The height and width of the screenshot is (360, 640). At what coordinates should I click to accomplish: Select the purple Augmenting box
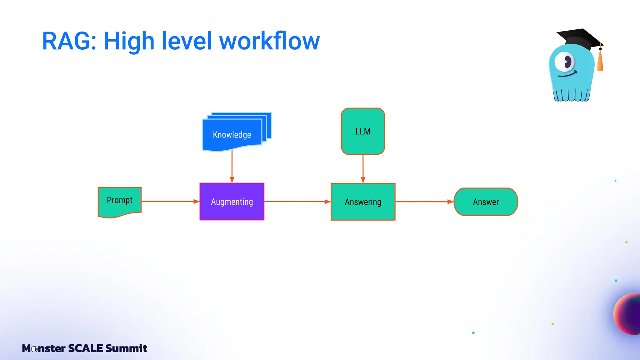coord(232,202)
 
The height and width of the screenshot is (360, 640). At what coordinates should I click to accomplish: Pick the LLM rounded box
coord(363,131)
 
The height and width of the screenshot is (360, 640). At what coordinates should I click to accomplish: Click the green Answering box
coord(363,202)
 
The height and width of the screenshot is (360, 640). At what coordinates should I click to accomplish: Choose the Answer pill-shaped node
coord(486,202)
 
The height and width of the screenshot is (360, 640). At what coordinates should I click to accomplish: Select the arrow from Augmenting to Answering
coord(297,202)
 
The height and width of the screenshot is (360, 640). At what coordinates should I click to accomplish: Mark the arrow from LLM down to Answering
coord(363,169)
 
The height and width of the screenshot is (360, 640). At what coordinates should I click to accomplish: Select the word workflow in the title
coord(269,41)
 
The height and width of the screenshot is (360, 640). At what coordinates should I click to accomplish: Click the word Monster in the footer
coord(44,348)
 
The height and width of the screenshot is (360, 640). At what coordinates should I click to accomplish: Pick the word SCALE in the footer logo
coord(85,348)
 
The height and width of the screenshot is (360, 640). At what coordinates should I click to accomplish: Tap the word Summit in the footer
coord(126,348)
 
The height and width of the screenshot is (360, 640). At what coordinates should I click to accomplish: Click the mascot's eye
coord(565,62)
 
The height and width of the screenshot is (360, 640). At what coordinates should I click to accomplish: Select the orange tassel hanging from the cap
coord(600,61)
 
